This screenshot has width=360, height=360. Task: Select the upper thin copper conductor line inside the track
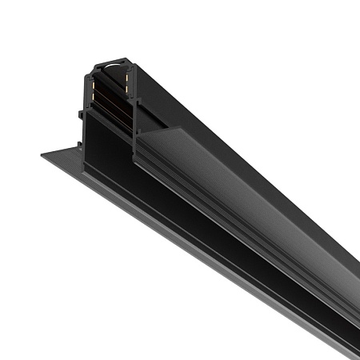point(112,86)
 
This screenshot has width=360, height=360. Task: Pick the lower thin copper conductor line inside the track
point(112,102)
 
